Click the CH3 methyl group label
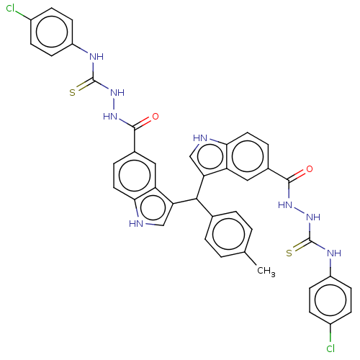[266, 271]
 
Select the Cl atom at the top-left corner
[11, 9]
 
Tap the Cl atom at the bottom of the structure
[330, 348]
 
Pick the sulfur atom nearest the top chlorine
[72, 93]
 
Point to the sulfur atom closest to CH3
[289, 253]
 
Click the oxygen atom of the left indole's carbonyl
[156, 117]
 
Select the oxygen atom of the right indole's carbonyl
[310, 169]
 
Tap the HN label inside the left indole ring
[136, 223]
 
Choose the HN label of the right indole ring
[200, 138]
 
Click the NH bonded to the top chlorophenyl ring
[96, 57]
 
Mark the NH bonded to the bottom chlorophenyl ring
[334, 253]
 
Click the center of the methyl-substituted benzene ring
[228, 234]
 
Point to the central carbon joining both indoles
[197, 199]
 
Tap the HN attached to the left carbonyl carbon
[110, 117]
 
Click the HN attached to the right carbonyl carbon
[285, 205]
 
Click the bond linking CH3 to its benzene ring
[251, 258]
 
